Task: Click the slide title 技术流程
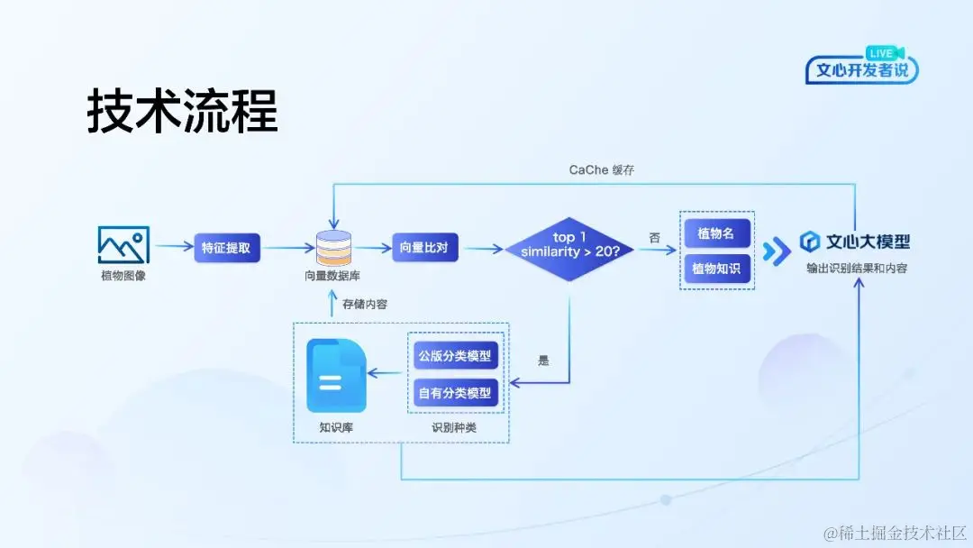point(182,111)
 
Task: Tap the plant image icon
point(123,244)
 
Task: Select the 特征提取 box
point(227,247)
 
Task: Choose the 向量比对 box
point(424,247)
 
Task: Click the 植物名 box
point(716,233)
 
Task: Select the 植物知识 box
point(716,269)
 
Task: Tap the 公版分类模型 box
point(455,355)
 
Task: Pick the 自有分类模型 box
point(455,393)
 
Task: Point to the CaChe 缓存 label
point(602,169)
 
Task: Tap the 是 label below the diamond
point(543,361)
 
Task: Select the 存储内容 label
point(365,305)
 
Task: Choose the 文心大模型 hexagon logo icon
point(809,242)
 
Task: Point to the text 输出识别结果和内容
point(857,268)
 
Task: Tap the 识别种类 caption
point(454,427)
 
